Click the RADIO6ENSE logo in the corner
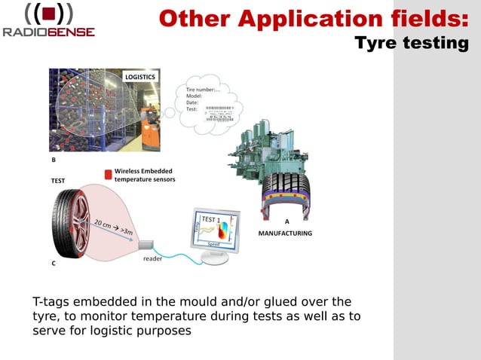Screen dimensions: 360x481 (x=49, y=21)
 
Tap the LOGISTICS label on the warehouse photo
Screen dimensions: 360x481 (x=140, y=77)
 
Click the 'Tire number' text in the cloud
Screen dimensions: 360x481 (x=202, y=90)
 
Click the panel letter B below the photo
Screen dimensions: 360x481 (x=54, y=160)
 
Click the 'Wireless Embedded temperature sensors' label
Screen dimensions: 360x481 (x=144, y=175)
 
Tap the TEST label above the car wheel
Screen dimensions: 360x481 (x=58, y=182)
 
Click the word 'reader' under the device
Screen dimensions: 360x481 (x=153, y=259)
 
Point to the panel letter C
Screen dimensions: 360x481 (x=54, y=264)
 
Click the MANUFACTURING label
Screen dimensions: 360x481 (x=285, y=233)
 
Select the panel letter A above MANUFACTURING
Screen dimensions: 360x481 (x=286, y=221)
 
